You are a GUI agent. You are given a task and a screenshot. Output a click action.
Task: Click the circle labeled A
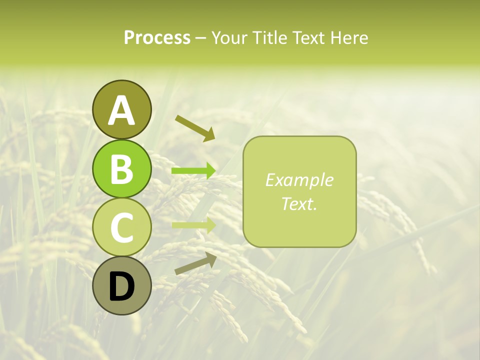[x=121, y=109]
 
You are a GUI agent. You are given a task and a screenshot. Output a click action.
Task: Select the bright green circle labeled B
[x=121, y=168]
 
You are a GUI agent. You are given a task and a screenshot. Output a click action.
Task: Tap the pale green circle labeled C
[x=121, y=227]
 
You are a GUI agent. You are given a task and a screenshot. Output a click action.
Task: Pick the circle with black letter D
[x=121, y=285]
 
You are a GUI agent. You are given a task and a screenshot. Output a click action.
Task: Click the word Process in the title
[x=157, y=37]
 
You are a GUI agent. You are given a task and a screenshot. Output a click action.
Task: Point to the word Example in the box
[x=299, y=180]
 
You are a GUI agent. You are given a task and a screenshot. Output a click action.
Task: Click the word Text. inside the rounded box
[x=299, y=203]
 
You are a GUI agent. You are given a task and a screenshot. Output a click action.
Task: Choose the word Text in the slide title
[x=309, y=37]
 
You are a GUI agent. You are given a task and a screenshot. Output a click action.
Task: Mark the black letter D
[x=121, y=286]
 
